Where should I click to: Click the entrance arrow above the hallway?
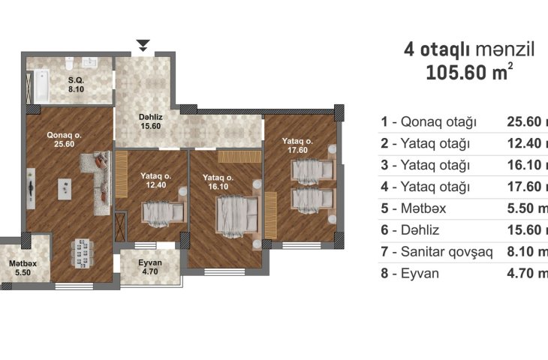tap(143, 46)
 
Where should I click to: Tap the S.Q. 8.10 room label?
tap(76, 85)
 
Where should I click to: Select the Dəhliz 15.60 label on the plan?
tap(151, 121)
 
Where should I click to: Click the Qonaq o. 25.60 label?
tap(65, 139)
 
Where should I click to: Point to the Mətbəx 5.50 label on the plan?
tap(23, 268)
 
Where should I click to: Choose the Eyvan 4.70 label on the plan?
tap(150, 267)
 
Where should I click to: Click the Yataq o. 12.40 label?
tap(156, 180)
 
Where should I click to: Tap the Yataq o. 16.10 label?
tap(218, 182)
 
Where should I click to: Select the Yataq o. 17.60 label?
tap(297, 145)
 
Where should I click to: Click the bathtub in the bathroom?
tap(41, 86)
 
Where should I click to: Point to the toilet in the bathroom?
tap(69, 63)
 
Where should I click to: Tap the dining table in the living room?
tap(82, 253)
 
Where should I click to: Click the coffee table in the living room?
tap(65, 189)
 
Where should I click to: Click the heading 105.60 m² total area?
tap(469, 72)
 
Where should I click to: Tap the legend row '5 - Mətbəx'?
tap(414, 208)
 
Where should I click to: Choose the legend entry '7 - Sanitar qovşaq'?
tap(437, 252)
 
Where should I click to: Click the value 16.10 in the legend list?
tap(524, 165)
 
